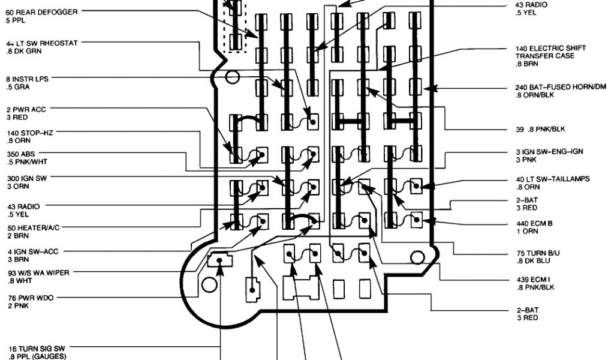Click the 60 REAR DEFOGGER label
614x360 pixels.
coord(36,11)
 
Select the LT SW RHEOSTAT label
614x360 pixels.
coord(41,43)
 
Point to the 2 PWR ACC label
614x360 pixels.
coord(26,109)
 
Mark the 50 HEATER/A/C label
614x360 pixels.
coord(34,228)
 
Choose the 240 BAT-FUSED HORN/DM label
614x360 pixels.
coord(561,87)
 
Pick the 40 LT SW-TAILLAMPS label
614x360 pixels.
coord(552,179)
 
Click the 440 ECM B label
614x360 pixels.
coord(534,223)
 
